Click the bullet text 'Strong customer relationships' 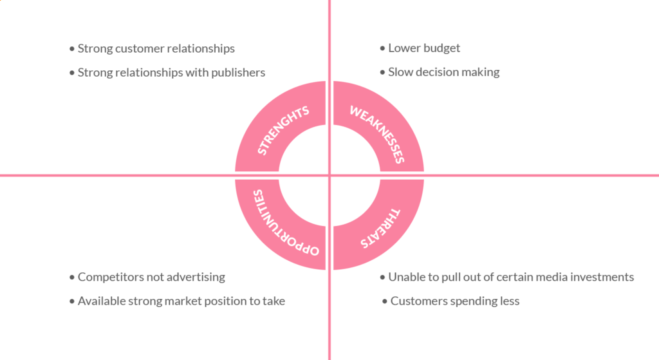(x=156, y=48)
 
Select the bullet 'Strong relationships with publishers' (x=171, y=72)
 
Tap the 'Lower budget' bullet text (x=424, y=48)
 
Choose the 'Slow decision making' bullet (x=443, y=72)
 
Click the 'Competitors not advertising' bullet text (x=151, y=277)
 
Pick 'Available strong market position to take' (x=181, y=301)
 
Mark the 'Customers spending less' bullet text (x=454, y=301)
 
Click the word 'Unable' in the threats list (x=405, y=277)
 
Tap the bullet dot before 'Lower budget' (x=382, y=48)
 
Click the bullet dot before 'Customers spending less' (x=385, y=301)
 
